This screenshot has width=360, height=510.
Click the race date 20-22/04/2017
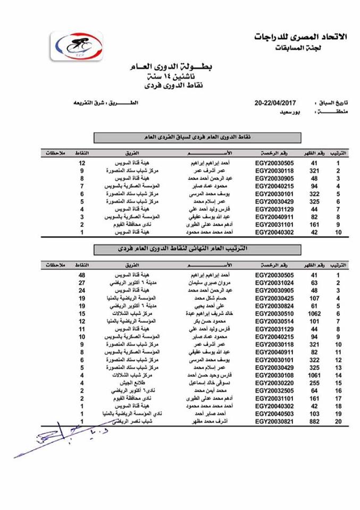pos(275,103)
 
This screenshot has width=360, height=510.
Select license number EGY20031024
pos(274,284)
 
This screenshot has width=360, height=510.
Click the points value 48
pos(82,276)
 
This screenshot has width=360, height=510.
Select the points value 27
pos(82,284)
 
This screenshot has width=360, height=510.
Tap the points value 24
pos(82,291)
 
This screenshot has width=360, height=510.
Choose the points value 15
pos(82,314)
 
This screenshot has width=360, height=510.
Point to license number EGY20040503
pos(274,413)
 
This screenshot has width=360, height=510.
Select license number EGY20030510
pos(274,314)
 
